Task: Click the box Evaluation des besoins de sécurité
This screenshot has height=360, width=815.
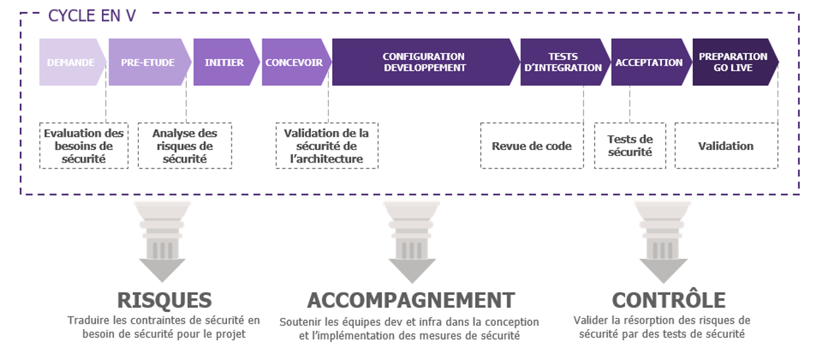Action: point(84,145)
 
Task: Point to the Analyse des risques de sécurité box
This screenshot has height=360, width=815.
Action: point(185,145)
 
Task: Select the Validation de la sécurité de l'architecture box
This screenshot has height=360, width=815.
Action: point(327,145)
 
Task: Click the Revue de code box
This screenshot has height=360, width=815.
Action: point(532,145)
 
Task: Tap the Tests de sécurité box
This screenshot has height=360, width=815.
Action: point(630,145)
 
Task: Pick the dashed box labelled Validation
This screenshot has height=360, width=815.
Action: point(726,145)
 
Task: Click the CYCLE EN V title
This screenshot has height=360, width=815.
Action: point(92,16)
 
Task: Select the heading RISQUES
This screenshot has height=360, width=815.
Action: point(164,300)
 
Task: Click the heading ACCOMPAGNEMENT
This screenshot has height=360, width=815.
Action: point(411,300)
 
